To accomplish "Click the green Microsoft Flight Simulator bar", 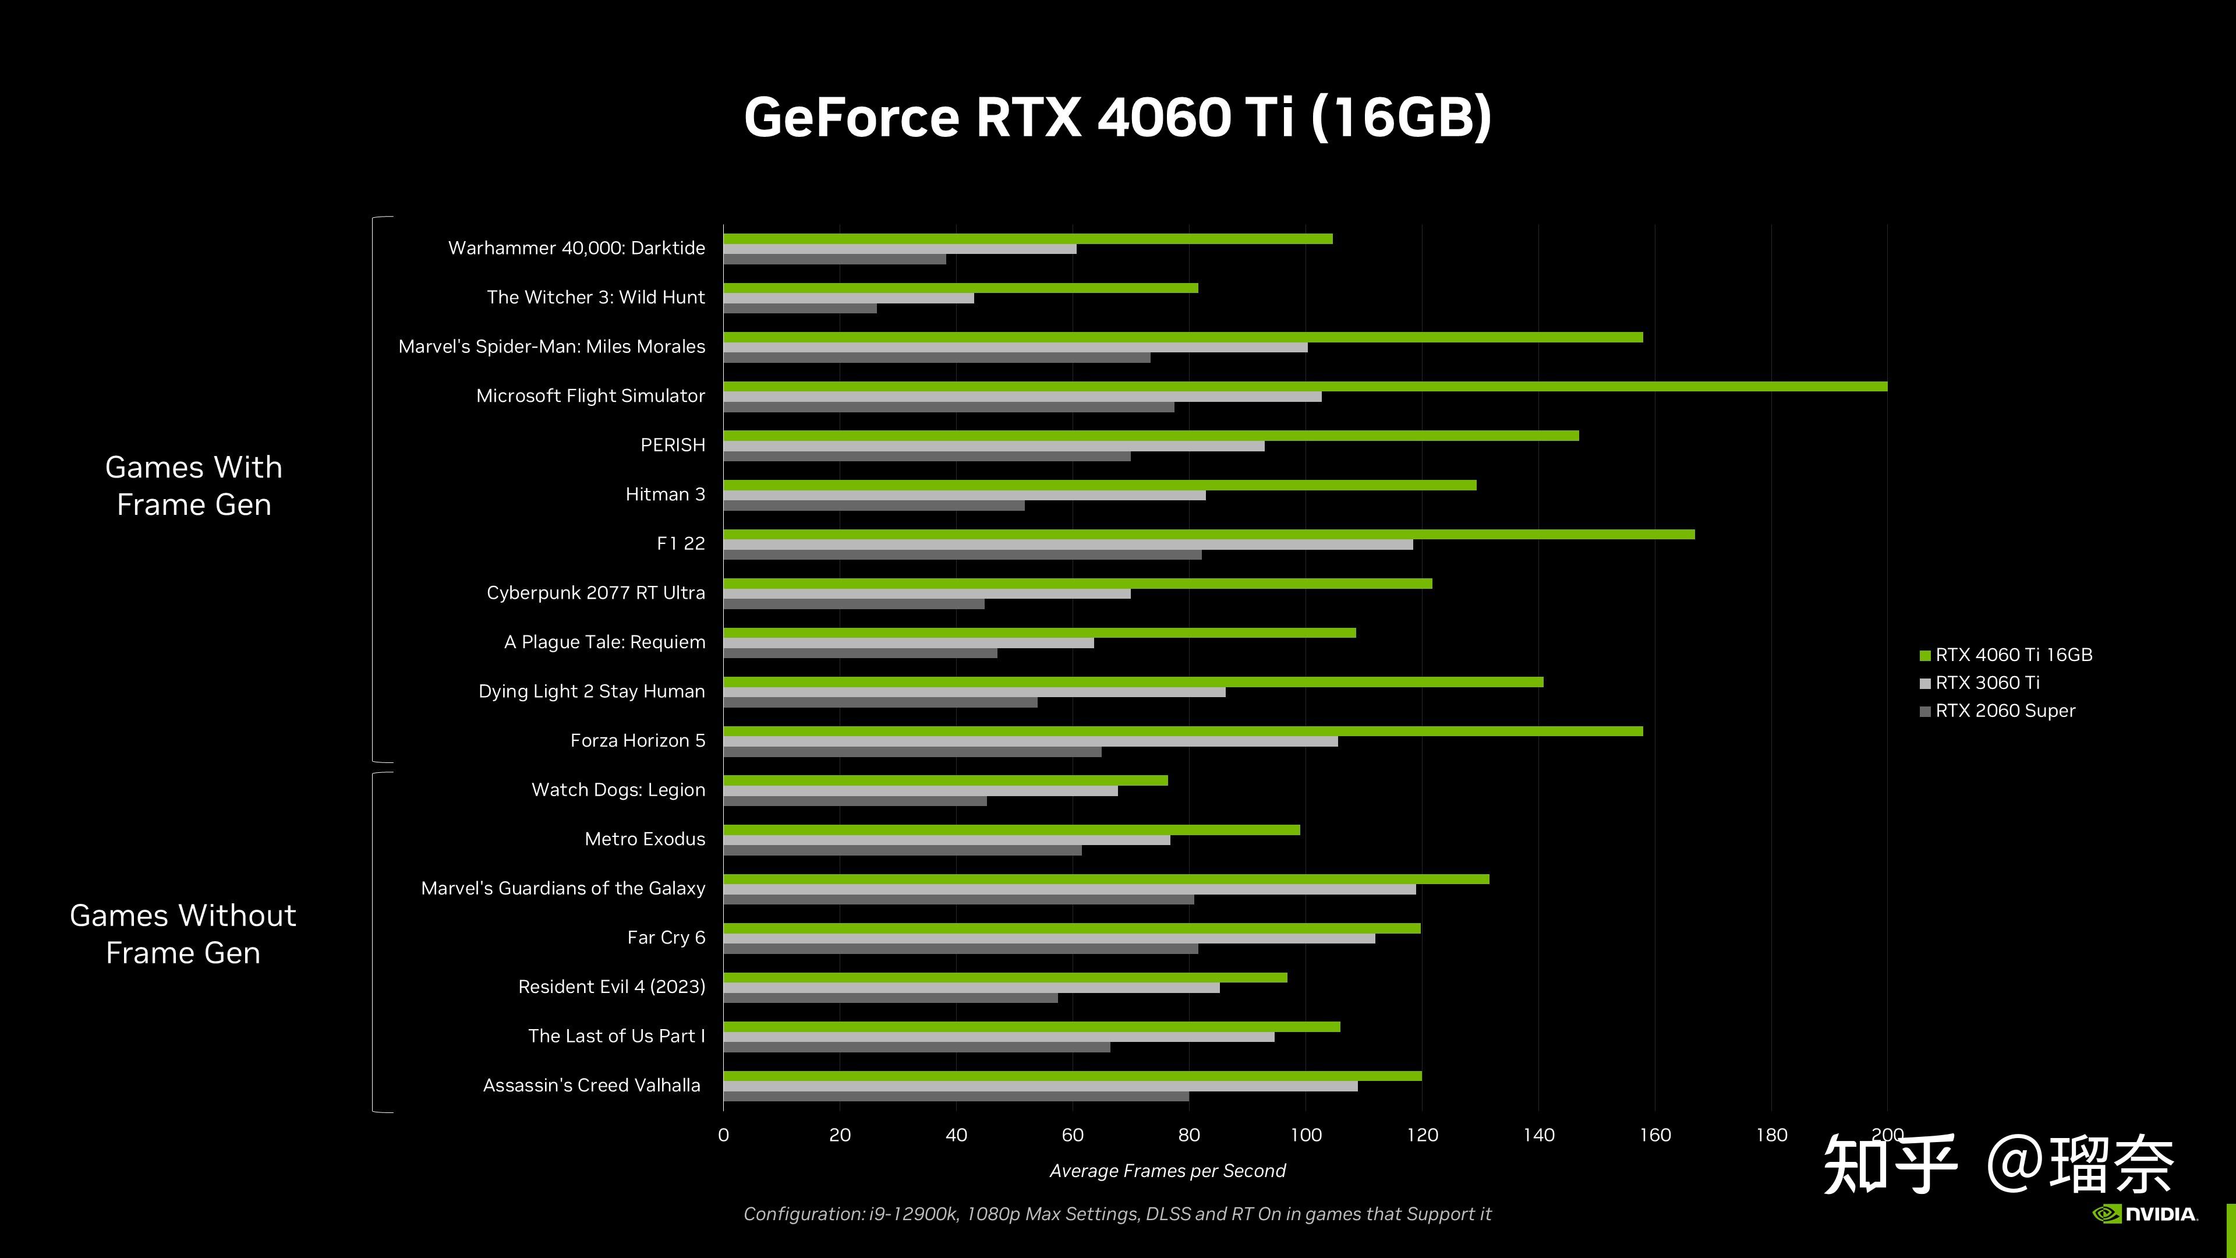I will coord(1302,386).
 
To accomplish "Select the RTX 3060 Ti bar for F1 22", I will coord(1068,545).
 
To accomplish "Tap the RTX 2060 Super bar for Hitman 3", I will coord(873,506).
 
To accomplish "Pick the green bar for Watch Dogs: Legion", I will coord(944,780).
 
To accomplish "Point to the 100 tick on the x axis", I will coord(1305,1135).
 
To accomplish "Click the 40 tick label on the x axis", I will coord(956,1135).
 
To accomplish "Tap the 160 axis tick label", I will coord(1654,1135).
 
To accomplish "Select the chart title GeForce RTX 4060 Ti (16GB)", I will coord(1117,117).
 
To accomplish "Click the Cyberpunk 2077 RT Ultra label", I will coord(596,593).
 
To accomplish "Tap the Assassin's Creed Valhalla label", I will coord(591,1085).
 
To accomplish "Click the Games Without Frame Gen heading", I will coord(183,934).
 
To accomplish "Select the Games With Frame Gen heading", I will coord(193,486).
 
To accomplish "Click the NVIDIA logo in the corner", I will coord(2145,1214).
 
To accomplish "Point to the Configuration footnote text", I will coord(1117,1214).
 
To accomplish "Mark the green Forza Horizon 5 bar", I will coord(1182,731).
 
